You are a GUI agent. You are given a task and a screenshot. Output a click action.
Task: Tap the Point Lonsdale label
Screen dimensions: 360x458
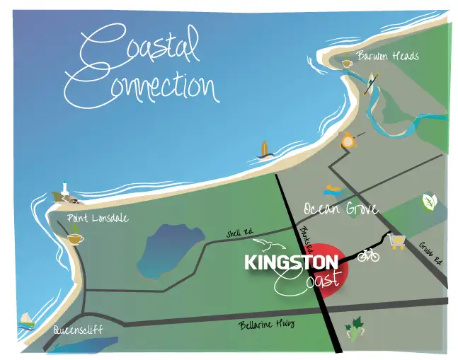click(x=98, y=218)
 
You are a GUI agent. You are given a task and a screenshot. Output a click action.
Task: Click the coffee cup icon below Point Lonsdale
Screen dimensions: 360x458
click(x=74, y=239)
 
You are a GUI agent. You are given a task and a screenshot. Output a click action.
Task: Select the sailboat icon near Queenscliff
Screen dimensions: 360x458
click(x=26, y=319)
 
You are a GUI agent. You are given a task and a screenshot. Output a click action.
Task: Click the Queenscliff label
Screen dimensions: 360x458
click(x=77, y=330)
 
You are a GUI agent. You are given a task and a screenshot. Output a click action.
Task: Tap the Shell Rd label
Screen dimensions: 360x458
click(x=240, y=233)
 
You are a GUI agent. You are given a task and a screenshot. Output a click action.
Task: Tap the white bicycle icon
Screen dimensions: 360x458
click(x=369, y=255)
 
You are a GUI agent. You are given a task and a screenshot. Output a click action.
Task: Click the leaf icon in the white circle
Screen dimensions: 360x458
click(x=430, y=202)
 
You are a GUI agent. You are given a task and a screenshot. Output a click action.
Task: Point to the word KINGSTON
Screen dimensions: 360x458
click(x=292, y=262)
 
